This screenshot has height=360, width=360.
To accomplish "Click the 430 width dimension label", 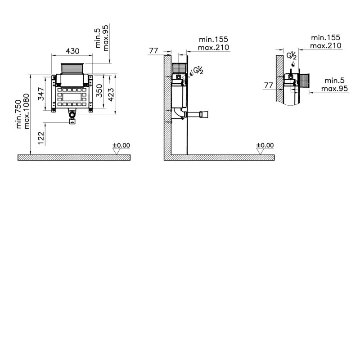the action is tap(72, 51).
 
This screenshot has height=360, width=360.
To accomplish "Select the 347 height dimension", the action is tap(41, 94).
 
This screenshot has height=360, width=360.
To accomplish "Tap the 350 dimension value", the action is tap(99, 91).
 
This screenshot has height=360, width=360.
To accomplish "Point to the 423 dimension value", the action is tap(111, 94).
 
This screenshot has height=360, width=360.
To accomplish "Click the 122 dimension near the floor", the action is tap(41, 138).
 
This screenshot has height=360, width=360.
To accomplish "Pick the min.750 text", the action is tap(18, 114).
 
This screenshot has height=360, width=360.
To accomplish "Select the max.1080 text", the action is tap(27, 111).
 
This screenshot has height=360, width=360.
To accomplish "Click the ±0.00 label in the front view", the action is tap(121, 145).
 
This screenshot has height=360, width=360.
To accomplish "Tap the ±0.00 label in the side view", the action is tap(265, 145).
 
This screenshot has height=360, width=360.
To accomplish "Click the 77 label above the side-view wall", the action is tap(153, 50).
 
